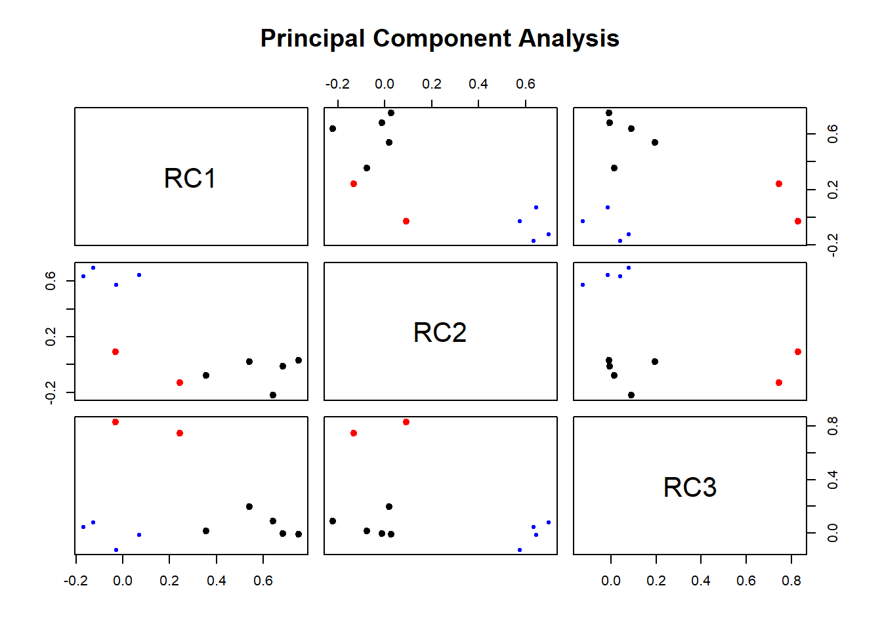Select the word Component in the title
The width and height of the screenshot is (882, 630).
click(x=442, y=39)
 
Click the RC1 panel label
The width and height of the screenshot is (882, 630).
click(x=190, y=178)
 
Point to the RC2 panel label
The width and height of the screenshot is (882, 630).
click(x=440, y=333)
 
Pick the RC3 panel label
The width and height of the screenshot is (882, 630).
click(x=690, y=488)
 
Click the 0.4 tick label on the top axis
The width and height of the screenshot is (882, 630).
click(x=478, y=84)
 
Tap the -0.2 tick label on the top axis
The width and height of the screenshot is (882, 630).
click(x=337, y=84)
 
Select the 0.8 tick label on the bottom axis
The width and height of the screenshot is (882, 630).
click(x=791, y=581)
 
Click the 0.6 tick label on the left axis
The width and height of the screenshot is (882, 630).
click(x=51, y=282)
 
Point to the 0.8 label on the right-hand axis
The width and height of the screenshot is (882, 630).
click(x=833, y=426)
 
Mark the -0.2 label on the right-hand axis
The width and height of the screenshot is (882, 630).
click(x=833, y=245)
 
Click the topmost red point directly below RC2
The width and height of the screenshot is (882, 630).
click(x=406, y=422)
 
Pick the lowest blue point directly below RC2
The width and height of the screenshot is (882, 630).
click(x=520, y=550)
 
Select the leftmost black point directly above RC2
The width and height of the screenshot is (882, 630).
click(x=333, y=129)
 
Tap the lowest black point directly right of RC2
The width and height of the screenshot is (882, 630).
click(x=631, y=395)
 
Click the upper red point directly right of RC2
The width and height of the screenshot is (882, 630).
click(x=798, y=352)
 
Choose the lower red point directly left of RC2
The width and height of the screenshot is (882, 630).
click(x=180, y=383)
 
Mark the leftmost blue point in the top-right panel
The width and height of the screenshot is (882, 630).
click(x=583, y=221)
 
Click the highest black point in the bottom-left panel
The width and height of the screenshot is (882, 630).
click(x=249, y=507)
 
